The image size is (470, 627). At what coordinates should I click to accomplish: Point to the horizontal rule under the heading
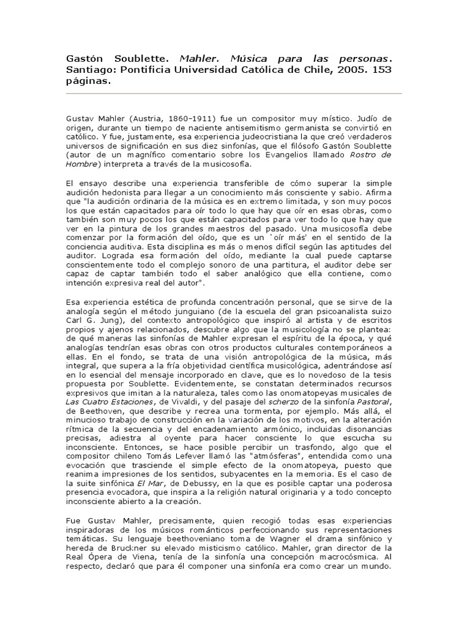tap(233, 94)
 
